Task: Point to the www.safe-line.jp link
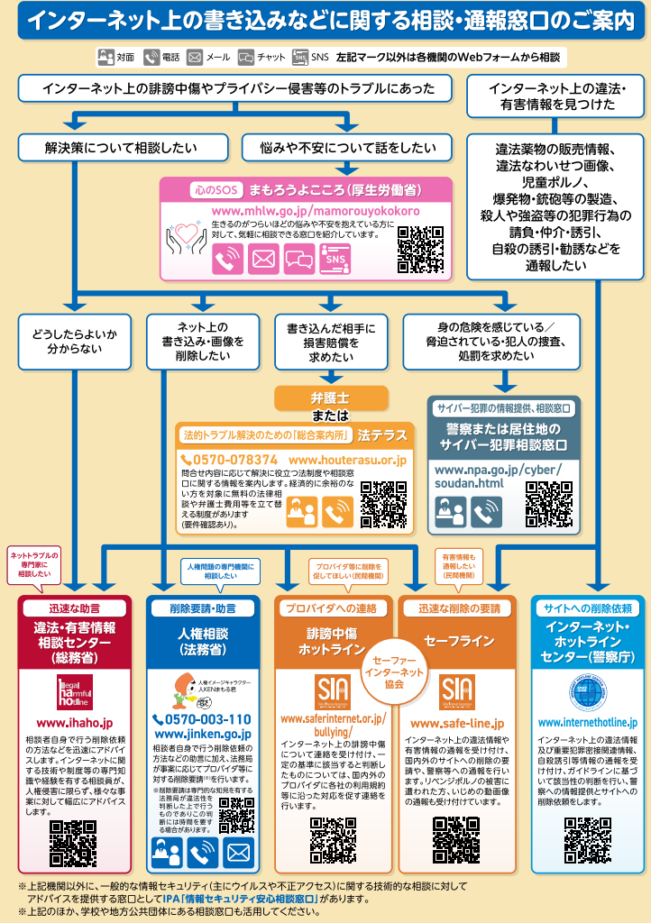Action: coord(457,723)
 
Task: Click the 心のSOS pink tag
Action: coord(215,191)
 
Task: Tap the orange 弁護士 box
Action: coord(331,397)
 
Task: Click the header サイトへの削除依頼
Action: coord(588,608)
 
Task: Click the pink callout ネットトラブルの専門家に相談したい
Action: coord(34,563)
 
